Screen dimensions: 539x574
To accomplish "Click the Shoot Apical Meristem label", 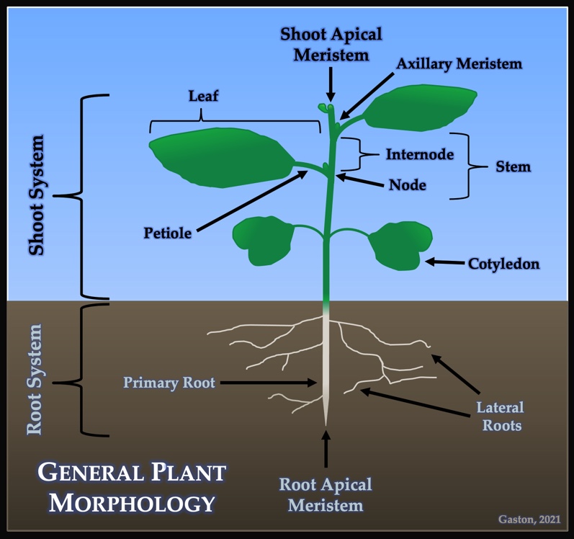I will [331, 44].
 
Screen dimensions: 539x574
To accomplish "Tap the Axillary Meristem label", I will [459, 63].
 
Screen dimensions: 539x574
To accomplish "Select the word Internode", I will [420, 154].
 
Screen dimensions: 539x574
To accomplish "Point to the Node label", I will [407, 185].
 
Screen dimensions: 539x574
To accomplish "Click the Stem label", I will [513, 167].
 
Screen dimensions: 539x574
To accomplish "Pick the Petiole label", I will [167, 233].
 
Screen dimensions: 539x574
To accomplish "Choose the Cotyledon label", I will [503, 264].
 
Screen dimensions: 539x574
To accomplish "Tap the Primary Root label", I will [169, 383].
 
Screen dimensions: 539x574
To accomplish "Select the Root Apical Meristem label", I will [326, 494].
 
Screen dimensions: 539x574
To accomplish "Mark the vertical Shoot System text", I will [36, 195].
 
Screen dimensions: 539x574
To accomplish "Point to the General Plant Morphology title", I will [131, 487].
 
